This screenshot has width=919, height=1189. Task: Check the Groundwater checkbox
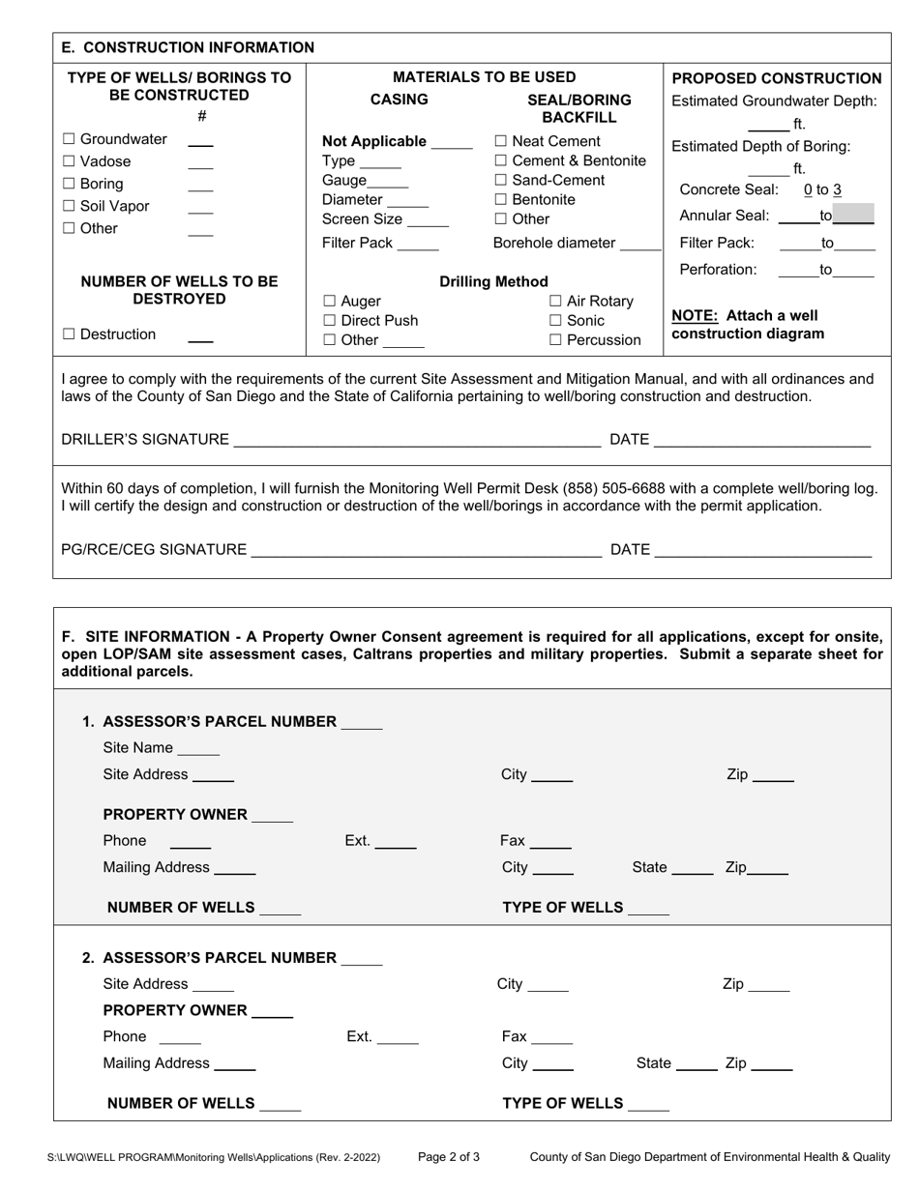click(69, 139)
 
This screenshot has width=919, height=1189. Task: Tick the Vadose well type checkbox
click(69, 161)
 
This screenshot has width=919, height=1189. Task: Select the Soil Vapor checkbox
click(69, 206)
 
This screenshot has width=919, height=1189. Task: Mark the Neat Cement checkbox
click(500, 142)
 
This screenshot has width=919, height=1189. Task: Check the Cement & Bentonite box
click(500, 160)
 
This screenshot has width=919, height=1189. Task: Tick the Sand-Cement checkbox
click(500, 181)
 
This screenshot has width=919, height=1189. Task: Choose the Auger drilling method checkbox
click(329, 302)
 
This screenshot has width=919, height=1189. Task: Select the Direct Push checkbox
click(329, 321)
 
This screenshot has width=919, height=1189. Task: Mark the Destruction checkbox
click(69, 334)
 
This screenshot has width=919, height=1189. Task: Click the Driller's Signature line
click(416, 441)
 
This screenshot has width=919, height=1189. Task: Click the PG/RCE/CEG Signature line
click(426, 550)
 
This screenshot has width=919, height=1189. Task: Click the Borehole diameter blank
click(640, 244)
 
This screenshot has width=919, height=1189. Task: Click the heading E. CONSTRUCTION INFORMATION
click(188, 47)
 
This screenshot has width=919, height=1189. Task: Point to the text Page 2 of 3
click(449, 1156)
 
